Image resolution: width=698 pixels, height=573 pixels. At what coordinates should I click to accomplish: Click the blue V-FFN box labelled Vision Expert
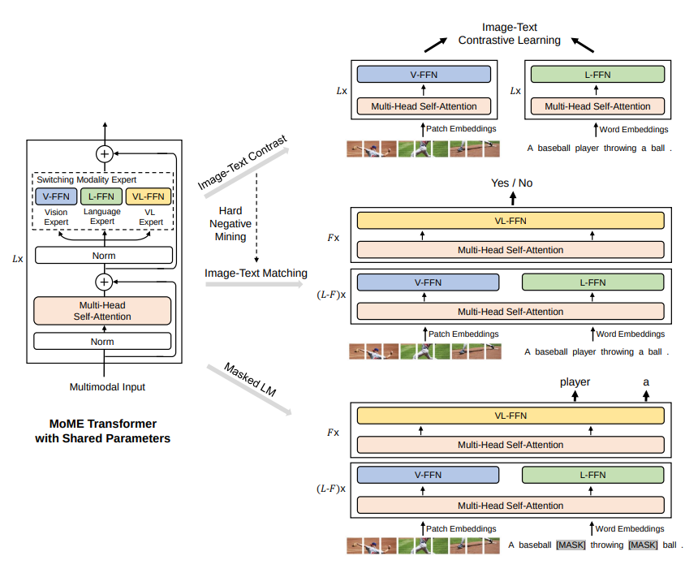[56, 196]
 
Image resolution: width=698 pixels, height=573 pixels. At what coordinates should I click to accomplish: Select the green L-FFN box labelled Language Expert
[101, 196]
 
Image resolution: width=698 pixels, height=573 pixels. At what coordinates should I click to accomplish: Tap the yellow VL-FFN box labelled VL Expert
[148, 196]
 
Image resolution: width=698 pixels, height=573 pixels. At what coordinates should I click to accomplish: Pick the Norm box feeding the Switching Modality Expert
[103, 256]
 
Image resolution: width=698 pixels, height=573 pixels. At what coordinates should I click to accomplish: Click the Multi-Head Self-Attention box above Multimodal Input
[103, 311]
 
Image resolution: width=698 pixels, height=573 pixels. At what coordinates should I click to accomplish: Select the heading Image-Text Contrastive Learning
[509, 34]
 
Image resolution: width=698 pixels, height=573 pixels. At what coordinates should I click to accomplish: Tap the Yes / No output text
[511, 183]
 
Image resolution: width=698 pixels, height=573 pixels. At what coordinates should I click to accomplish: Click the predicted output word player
[575, 381]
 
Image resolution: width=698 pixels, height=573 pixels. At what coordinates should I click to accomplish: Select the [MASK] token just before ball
[642, 545]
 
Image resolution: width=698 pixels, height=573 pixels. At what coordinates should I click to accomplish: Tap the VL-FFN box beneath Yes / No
[511, 219]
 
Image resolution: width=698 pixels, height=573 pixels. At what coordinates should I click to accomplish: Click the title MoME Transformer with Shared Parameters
[102, 431]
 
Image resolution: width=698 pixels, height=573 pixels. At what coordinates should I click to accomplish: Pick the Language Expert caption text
[102, 217]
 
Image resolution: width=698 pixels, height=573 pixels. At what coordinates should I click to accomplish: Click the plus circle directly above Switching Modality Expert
[104, 153]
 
